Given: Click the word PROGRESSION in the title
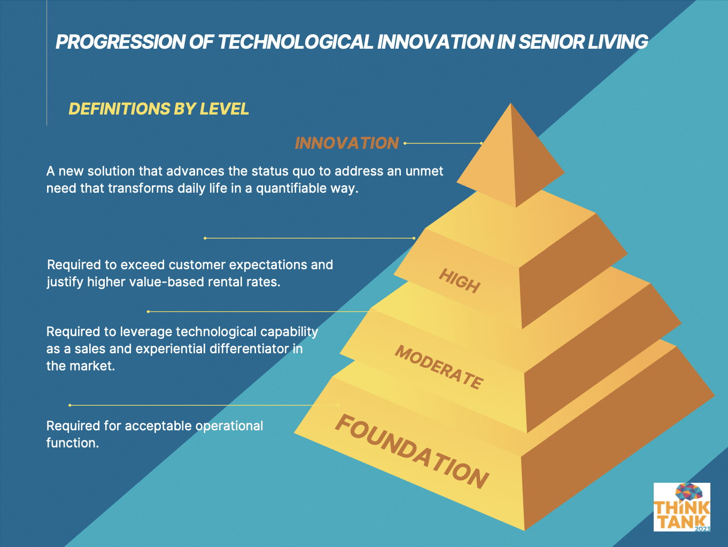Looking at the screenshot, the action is pos(121,42).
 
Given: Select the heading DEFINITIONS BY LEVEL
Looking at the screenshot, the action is pos(159,109).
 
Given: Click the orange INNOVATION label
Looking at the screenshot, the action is pos(347,143).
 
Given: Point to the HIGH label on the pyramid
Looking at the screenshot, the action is pos(460,281).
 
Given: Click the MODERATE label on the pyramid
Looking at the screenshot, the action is pos(439,367).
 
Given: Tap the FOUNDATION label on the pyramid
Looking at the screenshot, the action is pos(412,451).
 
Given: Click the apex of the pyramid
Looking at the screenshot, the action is pos(511,104).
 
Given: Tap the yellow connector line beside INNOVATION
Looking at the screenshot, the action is pos(443,143).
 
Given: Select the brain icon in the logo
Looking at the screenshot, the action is pos(688,492).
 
